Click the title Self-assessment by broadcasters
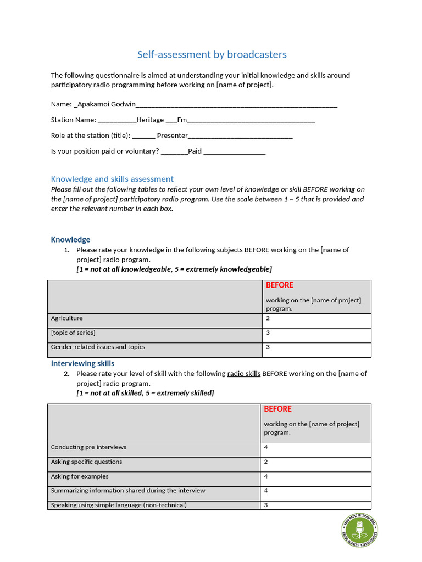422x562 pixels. point(212,54)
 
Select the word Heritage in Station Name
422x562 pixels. point(150,120)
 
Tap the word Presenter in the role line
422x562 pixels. point(172,136)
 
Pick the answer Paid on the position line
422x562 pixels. point(195,151)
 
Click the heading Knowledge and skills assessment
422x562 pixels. point(112,179)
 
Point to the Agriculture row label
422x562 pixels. point(67,318)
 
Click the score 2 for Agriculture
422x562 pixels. point(268,318)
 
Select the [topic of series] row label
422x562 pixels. point(73,333)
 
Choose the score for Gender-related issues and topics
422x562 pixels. point(268,347)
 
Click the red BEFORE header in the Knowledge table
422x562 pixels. point(280,285)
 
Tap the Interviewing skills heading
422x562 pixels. point(82,363)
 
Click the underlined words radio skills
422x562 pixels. point(243,374)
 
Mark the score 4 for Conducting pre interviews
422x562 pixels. point(266,447)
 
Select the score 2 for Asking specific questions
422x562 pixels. point(266,462)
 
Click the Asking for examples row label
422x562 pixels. point(80,476)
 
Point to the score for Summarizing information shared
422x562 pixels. point(266,491)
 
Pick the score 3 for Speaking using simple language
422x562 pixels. point(266,505)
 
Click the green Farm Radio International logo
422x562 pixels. point(359,531)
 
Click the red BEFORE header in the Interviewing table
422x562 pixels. point(277,409)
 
